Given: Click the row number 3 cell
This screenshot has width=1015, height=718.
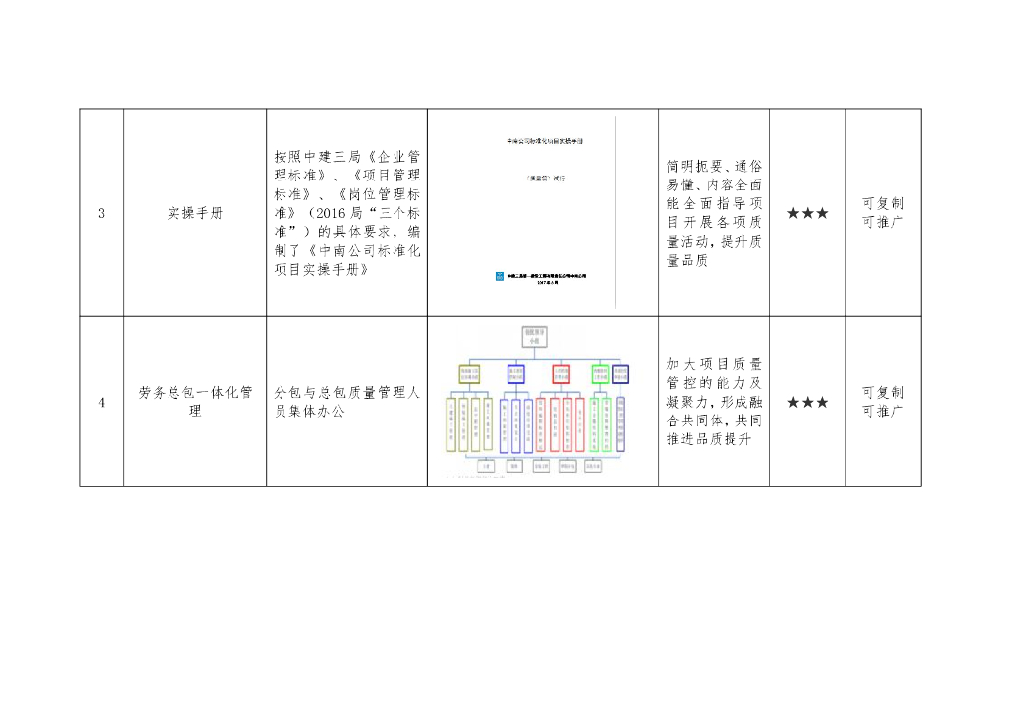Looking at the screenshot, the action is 101,213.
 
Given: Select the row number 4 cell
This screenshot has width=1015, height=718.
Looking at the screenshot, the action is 101,402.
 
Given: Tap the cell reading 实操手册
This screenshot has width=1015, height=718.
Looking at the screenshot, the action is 194,213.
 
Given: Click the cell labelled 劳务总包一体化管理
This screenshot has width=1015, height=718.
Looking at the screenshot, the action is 194,402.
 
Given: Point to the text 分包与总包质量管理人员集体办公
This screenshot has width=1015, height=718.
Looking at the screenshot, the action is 347,402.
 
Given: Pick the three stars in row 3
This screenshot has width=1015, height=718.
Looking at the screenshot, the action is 807,213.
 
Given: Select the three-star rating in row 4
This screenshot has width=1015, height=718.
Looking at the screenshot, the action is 807,402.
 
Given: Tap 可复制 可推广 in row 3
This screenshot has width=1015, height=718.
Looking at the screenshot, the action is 882,212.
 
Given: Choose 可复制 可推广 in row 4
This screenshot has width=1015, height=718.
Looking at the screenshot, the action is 882,401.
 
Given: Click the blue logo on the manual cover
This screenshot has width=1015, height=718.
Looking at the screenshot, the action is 499,276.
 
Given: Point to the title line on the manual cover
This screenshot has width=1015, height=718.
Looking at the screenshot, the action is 544,142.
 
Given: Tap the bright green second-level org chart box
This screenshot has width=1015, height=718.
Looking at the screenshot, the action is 600,374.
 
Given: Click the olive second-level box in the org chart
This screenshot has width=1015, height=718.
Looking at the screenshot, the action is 469,374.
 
